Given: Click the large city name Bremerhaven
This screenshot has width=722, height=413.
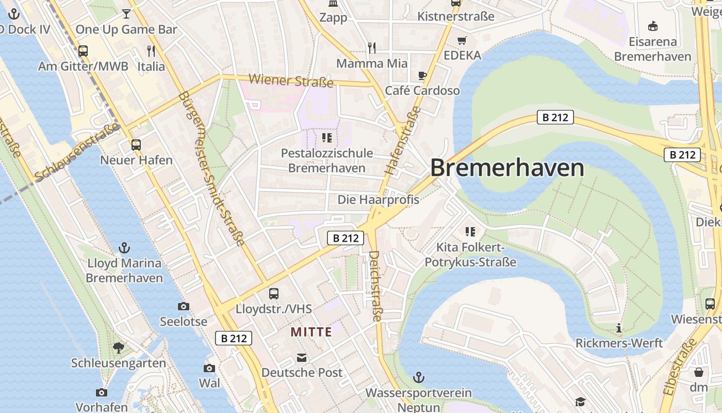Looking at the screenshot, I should (507, 168).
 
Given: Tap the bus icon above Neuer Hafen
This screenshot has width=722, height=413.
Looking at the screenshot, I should (136, 145).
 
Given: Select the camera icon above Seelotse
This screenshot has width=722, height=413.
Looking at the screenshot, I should (184, 307).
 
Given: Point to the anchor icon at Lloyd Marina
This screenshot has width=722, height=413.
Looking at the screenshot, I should (124, 248).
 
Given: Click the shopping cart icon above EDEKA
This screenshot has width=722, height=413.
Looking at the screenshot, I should (462, 40).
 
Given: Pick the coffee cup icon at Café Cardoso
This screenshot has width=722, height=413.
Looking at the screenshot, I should (422, 76).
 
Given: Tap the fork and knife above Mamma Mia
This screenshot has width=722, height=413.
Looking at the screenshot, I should (372, 48).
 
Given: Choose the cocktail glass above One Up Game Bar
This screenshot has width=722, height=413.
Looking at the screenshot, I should (126, 14).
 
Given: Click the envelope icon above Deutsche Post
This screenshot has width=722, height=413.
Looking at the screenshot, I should (302, 358).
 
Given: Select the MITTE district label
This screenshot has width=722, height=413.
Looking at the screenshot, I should (311, 332).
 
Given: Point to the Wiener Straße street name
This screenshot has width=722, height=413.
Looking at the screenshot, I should (291, 81).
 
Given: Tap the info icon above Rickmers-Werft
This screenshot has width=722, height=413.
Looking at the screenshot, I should (619, 328).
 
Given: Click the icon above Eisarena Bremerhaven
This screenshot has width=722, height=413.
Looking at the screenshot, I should (652, 26).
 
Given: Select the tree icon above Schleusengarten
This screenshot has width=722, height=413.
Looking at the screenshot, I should (119, 348).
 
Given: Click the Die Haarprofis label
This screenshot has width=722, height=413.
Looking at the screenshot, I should (378, 199).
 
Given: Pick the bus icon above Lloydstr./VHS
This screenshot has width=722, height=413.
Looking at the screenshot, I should (274, 294).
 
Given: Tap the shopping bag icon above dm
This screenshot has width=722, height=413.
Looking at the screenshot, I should (699, 372).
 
